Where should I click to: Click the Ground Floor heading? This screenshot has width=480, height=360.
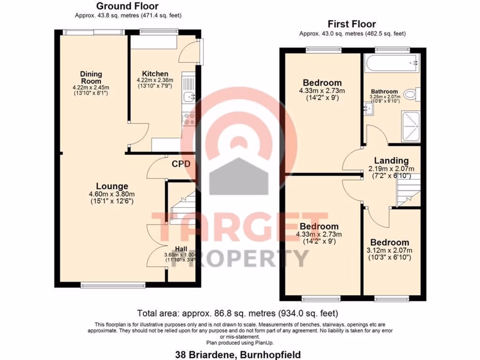pos(127,7)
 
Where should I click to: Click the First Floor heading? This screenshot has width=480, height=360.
pos(352,24)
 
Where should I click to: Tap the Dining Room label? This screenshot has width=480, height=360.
pos(91,77)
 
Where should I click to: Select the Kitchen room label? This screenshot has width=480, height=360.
pos(155,74)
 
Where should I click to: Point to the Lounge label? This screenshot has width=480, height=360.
pos(112,186)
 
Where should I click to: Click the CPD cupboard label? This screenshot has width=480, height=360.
pos(181,164)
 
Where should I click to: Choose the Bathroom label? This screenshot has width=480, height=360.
pos(384,91)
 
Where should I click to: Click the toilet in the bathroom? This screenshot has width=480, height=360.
pos(411,95)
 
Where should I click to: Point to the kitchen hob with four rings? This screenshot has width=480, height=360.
pos(189,119)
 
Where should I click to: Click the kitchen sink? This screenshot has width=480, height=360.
pos(189,97)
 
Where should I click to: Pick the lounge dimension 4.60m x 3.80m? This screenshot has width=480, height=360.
pos(112,195)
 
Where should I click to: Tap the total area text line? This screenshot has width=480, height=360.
pos(237,313)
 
